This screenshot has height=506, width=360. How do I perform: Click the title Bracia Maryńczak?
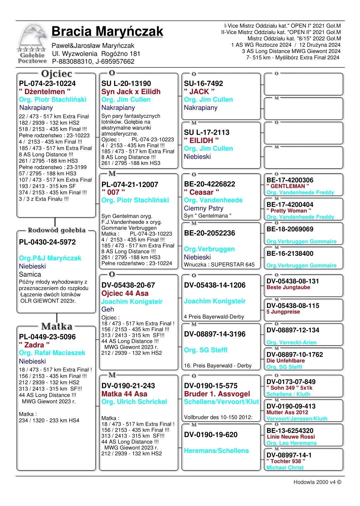pos(107,32)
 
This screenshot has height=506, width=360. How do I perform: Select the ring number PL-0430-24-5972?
pos(47,242)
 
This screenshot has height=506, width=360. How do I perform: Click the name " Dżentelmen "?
pos(45,92)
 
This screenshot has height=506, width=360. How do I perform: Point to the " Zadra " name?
pos(34,345)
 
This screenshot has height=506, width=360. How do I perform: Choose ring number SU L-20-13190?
pos(126,84)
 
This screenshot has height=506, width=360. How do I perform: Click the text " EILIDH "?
pos(201,141)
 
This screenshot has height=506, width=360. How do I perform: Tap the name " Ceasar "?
pos(201,192)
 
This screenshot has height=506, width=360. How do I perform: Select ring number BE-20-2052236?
pos(209,233)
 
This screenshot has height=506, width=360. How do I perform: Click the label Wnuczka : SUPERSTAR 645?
pos(219,265)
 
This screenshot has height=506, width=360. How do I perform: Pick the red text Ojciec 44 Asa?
pos(125,293)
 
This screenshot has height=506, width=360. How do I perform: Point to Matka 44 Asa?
pos(124,394)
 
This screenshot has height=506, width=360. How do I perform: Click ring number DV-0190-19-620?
pos(211,435)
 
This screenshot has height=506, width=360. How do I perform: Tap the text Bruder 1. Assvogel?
pos(217,394)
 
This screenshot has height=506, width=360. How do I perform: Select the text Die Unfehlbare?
pos(285,361)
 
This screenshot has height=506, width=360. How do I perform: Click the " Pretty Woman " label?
pos(289,211)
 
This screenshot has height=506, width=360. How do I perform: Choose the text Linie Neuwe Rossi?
pos(291,437)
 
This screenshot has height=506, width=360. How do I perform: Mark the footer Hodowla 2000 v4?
pos(317,482)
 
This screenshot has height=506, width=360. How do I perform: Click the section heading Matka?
pos(57,326)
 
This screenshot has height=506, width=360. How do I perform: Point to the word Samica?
pos(30,275)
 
